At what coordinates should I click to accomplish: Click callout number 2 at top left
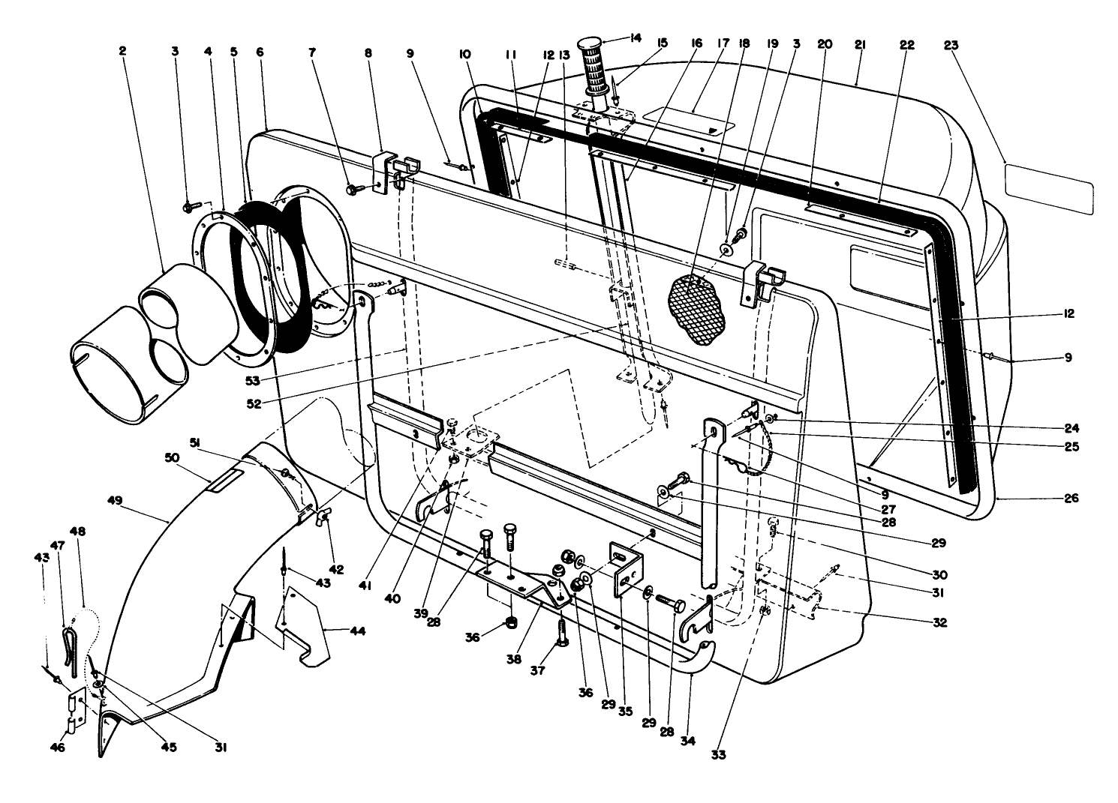click(122, 51)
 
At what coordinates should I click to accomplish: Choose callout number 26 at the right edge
click(1071, 498)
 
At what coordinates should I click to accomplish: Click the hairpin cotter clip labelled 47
click(67, 642)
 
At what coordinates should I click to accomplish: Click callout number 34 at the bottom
click(687, 741)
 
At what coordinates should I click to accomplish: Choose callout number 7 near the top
click(312, 52)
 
